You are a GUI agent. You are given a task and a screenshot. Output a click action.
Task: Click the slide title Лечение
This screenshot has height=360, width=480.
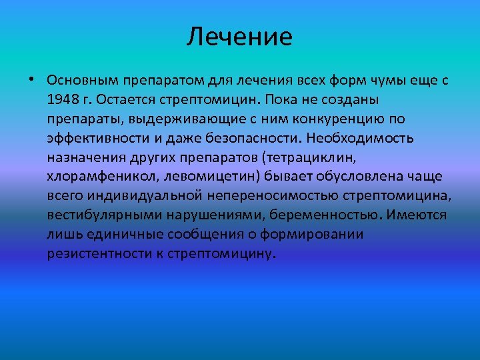[239, 37]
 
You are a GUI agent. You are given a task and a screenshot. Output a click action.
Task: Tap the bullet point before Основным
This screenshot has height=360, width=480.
[31, 81]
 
